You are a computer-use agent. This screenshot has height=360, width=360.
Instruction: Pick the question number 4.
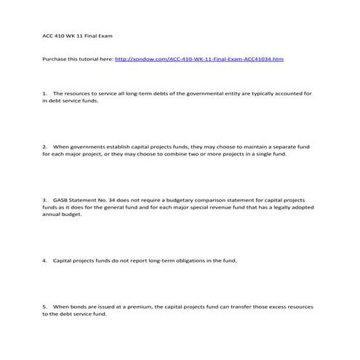click(45, 260)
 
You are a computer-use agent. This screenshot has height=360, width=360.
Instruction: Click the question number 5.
click(45, 307)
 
